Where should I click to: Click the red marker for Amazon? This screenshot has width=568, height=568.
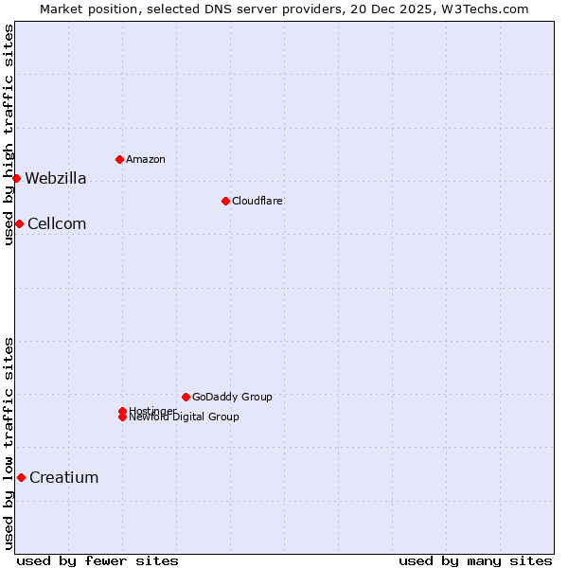click(119, 159)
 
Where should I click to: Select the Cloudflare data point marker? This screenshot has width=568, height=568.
click(225, 201)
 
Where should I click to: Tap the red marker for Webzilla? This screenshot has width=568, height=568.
click(16, 178)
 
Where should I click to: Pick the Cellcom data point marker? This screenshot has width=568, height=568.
click(19, 223)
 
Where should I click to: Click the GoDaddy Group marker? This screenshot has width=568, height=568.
click(186, 397)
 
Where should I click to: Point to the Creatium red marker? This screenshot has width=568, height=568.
click(21, 477)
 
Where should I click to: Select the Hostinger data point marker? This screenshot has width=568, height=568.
click(122, 411)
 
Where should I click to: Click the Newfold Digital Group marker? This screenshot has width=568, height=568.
click(122, 417)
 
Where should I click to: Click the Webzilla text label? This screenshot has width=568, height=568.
click(56, 178)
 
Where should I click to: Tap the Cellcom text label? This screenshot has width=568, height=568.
click(57, 223)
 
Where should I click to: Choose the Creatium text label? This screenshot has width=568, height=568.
click(64, 477)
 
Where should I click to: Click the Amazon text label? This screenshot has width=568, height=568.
click(146, 159)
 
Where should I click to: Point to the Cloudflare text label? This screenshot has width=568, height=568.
click(257, 201)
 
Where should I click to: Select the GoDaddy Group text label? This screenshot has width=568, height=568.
click(232, 397)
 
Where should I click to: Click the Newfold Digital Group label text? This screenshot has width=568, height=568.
click(185, 417)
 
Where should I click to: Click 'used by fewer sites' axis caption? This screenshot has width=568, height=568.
click(98, 560)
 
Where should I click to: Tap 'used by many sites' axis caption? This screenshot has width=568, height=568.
click(475, 560)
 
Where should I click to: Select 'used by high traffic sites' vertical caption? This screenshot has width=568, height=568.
click(9, 134)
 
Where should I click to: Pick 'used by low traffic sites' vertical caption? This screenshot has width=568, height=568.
click(9, 443)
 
